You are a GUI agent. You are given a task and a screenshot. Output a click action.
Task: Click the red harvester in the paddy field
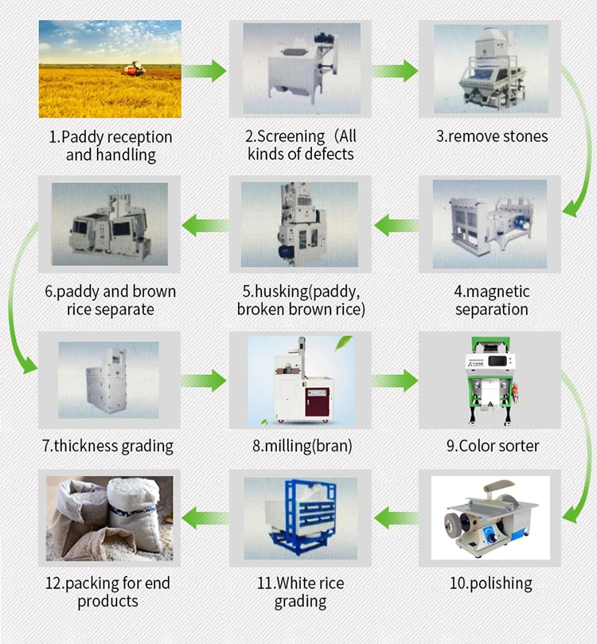134,69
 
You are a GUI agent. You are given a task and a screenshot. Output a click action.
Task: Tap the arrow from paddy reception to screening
204,71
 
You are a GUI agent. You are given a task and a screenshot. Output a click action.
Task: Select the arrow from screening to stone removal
395,71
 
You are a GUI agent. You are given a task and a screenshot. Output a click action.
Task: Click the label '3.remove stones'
492,136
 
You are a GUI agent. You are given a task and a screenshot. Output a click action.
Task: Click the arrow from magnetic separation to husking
396,225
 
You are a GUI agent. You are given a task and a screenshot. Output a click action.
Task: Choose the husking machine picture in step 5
300,224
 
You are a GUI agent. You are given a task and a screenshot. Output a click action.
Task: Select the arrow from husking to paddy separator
205,225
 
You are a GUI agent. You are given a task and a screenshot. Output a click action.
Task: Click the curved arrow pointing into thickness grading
11,295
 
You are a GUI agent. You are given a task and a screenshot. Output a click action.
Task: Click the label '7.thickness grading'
108,446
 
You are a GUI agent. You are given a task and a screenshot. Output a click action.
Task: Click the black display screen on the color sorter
497,361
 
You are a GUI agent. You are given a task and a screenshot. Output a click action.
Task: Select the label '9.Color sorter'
493,446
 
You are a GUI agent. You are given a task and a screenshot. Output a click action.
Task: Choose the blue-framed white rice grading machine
302,517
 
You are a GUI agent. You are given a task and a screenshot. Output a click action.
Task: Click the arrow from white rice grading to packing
205,518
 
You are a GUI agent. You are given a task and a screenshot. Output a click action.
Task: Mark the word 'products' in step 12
108,601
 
